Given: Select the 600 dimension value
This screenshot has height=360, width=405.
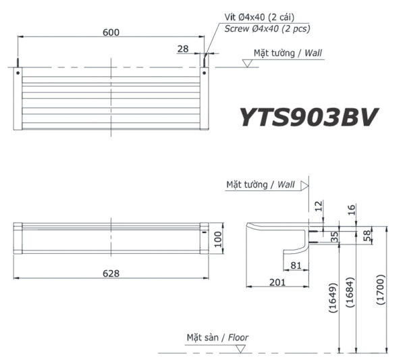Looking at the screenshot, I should point(111,31).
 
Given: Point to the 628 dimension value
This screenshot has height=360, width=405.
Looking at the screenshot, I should point(111,273).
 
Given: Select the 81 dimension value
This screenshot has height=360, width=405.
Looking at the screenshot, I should point(295,265).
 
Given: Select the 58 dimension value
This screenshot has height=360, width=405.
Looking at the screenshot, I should point(367,235).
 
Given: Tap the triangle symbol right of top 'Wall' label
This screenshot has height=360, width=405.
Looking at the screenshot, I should point(247,63).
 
